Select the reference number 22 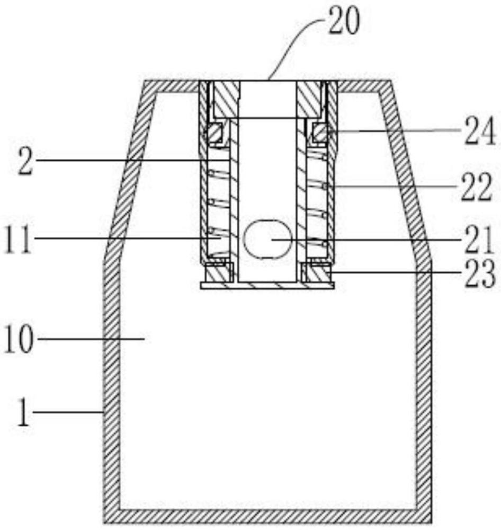point(476,187)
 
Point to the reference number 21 point(478,240)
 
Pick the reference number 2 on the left point(25,162)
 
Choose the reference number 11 point(19,240)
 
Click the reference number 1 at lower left point(24,412)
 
